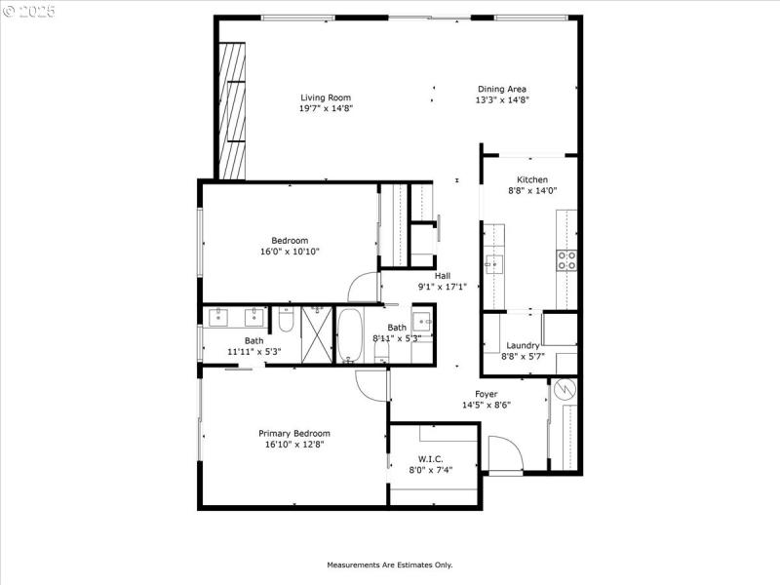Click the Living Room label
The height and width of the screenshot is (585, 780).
[x=325, y=97]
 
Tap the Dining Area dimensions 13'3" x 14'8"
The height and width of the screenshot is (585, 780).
[x=502, y=100]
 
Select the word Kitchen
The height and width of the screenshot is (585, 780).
[x=532, y=179]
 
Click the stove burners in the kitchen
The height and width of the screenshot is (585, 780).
[x=566, y=259]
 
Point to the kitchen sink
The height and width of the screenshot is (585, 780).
[x=494, y=262]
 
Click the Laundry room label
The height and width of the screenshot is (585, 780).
[x=524, y=345]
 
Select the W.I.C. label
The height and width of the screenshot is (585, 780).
[x=431, y=458]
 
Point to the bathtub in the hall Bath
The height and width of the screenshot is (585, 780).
[x=349, y=334]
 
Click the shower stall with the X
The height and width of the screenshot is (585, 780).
[x=316, y=334]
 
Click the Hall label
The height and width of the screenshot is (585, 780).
[x=442, y=275]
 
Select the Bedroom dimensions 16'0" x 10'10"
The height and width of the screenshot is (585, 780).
[x=290, y=252]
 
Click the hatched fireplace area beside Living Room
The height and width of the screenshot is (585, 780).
[x=232, y=112]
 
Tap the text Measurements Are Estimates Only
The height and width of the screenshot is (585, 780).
[x=389, y=565]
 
